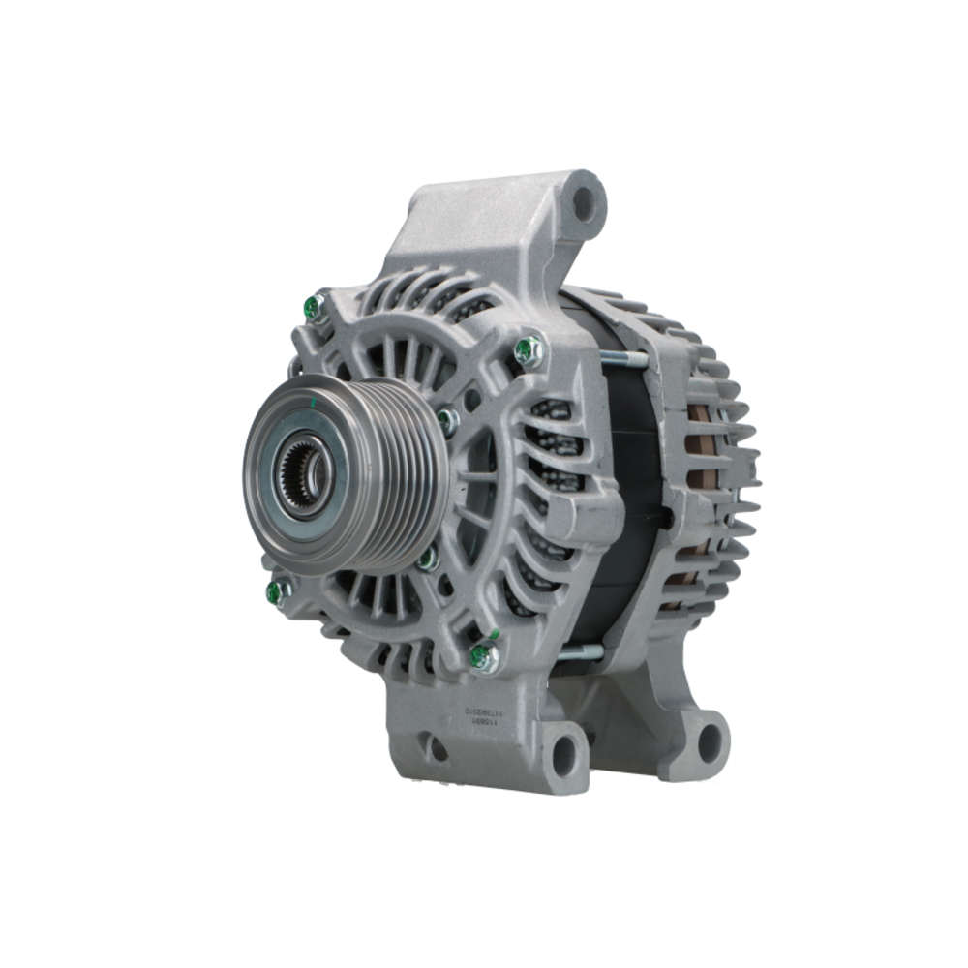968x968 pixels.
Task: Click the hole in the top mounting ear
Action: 585,204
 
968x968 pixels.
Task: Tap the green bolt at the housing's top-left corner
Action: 314,308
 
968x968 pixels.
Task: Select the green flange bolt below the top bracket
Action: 529,350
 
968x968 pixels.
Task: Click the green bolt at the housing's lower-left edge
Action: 278,590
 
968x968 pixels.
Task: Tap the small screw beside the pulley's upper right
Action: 447,420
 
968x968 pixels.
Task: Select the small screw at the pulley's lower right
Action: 427,558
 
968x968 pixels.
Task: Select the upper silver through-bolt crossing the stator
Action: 623,361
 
